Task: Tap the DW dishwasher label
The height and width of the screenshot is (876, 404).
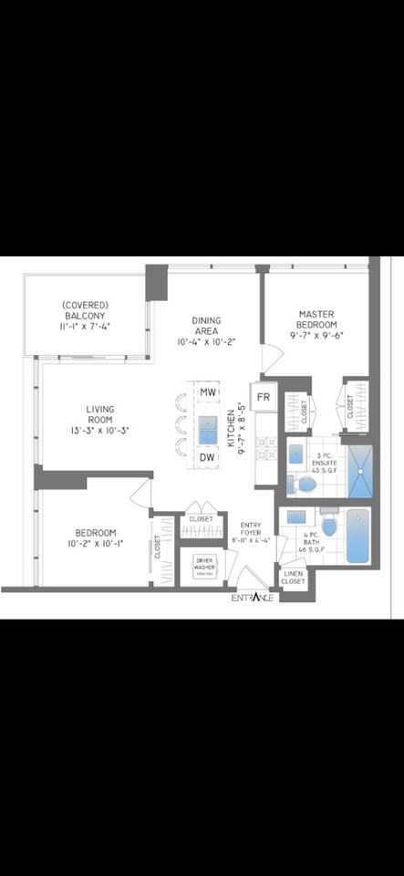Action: pyautogui.click(x=207, y=456)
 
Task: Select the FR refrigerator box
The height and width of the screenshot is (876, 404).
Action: pyautogui.click(x=264, y=397)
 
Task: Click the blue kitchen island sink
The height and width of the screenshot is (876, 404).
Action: pyautogui.click(x=207, y=425)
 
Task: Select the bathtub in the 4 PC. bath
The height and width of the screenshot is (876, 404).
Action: pyautogui.click(x=357, y=537)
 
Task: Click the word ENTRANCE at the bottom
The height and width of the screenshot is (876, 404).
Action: pyautogui.click(x=252, y=599)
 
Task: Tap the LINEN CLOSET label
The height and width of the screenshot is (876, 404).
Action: pyautogui.click(x=293, y=578)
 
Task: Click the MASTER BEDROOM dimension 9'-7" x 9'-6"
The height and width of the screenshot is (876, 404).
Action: pyautogui.click(x=317, y=335)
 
